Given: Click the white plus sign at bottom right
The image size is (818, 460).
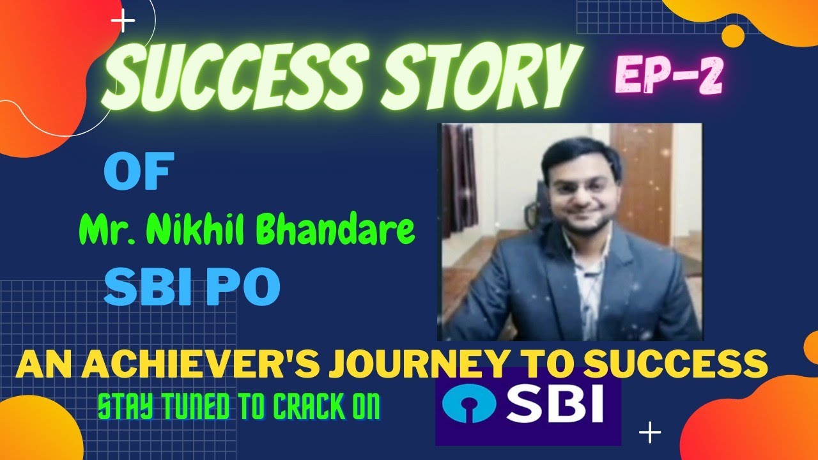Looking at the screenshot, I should pyautogui.click(x=650, y=433).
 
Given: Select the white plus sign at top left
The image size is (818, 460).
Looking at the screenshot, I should pyautogui.click(x=123, y=22).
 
